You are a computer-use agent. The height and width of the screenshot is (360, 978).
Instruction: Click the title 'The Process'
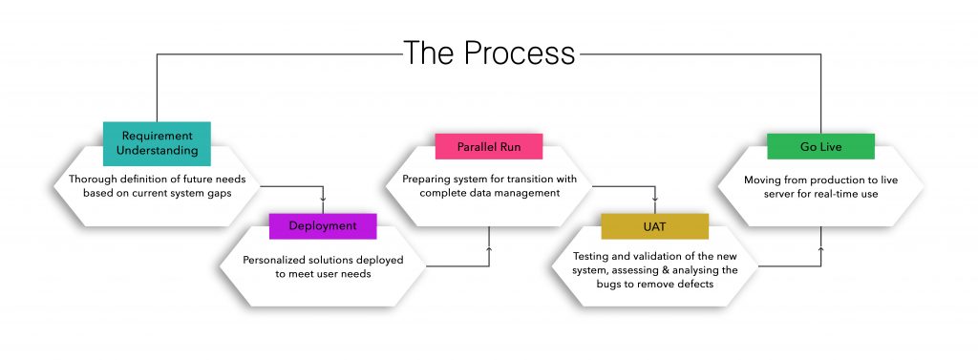(489, 53)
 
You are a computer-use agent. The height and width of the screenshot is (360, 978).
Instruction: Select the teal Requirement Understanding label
(158, 143)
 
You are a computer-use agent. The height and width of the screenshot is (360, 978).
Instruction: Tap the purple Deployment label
(323, 226)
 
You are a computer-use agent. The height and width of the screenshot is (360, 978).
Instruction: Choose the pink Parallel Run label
(489, 147)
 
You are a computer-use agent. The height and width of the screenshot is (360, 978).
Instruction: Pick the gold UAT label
(655, 226)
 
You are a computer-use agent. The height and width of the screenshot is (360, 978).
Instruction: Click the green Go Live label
(820, 147)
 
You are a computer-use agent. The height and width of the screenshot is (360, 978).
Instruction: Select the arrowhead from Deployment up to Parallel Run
(489, 248)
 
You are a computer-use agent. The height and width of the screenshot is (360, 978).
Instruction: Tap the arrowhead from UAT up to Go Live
(820, 248)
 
